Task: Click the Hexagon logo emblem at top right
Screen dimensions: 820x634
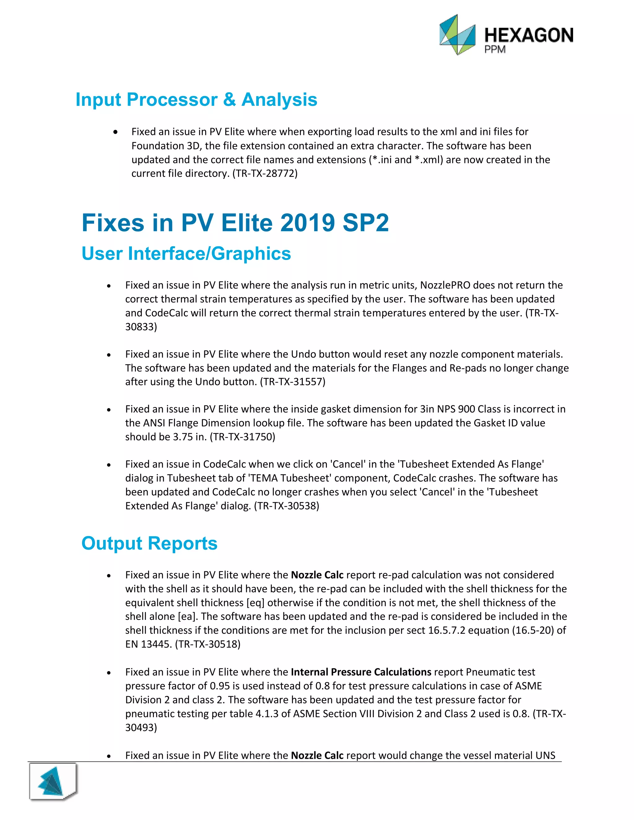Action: pyautogui.click(x=457, y=35)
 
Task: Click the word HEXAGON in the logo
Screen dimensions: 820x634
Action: pyautogui.click(x=528, y=35)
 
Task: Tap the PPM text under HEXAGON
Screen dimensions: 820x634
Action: pyautogui.click(x=495, y=50)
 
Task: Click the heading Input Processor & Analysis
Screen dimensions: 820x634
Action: pyautogui.click(x=196, y=100)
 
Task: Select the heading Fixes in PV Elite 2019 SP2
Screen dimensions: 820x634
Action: pyautogui.click(x=235, y=223)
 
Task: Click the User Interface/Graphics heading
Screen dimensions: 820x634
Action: pyautogui.click(x=186, y=253)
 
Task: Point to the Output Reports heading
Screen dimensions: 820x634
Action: pyautogui.click(x=149, y=543)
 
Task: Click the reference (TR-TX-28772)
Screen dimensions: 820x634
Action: pyautogui.click(x=265, y=174)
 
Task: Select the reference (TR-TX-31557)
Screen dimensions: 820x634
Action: pyautogui.click(x=293, y=382)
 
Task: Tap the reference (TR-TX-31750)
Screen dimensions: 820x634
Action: pyautogui.click(x=242, y=437)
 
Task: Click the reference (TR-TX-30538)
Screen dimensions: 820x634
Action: pyautogui.click(x=287, y=506)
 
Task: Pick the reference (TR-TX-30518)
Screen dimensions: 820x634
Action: pyautogui.click(x=208, y=644)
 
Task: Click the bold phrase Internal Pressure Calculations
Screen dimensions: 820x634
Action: pyautogui.click(x=361, y=672)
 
